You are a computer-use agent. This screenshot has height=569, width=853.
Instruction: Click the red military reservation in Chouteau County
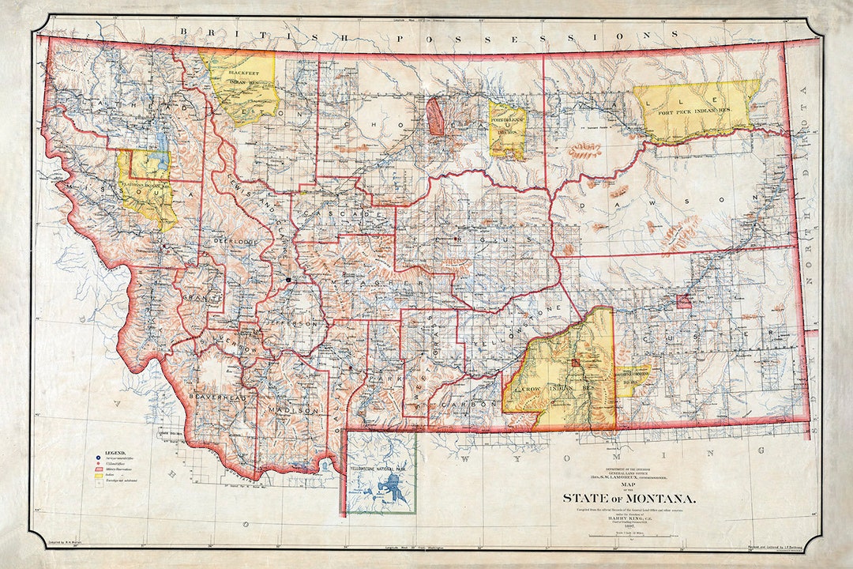435,116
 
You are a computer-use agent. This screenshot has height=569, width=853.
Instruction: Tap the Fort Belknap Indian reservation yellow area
506,130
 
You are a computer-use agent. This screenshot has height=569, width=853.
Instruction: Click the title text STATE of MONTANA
629,498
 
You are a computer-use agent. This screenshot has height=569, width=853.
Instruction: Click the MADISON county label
295,411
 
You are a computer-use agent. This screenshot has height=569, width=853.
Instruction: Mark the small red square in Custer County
683,301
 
